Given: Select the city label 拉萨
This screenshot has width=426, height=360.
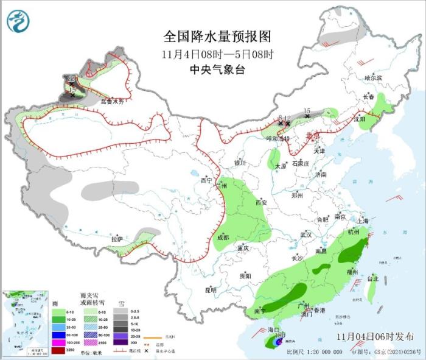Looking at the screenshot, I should (117, 239).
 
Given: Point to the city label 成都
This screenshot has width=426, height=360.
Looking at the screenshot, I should (222, 237).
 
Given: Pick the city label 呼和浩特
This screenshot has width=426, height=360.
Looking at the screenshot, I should (279, 139).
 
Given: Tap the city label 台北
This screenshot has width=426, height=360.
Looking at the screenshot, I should (371, 278).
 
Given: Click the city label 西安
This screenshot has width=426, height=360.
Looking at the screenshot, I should (262, 202).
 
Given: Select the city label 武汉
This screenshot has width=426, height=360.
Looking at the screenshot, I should (306, 235).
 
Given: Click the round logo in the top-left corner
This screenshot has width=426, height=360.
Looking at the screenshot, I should (18, 22).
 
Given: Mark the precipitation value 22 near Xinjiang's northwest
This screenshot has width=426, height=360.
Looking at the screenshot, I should (71, 79).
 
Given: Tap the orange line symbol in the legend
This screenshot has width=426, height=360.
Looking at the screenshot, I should (155, 336).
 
